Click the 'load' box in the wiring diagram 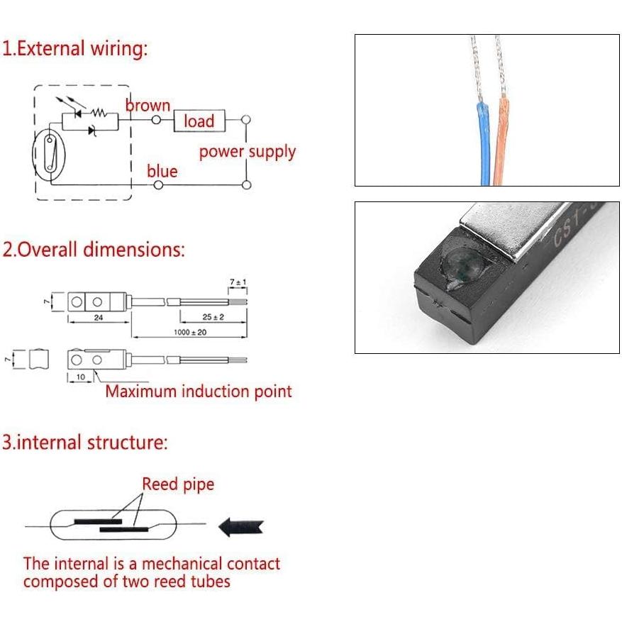(199, 121)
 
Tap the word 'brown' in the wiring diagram (148, 106)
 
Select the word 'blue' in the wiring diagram (162, 171)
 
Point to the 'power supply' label (247, 152)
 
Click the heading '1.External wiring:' (74, 49)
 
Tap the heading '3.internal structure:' (84, 443)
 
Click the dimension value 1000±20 (190, 332)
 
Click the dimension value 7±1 (238, 283)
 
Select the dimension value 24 (98, 318)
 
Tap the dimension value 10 (80, 376)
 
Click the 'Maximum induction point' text (199, 391)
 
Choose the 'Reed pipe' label (178, 484)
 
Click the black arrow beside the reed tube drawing (241, 526)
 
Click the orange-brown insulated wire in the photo (504, 142)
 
